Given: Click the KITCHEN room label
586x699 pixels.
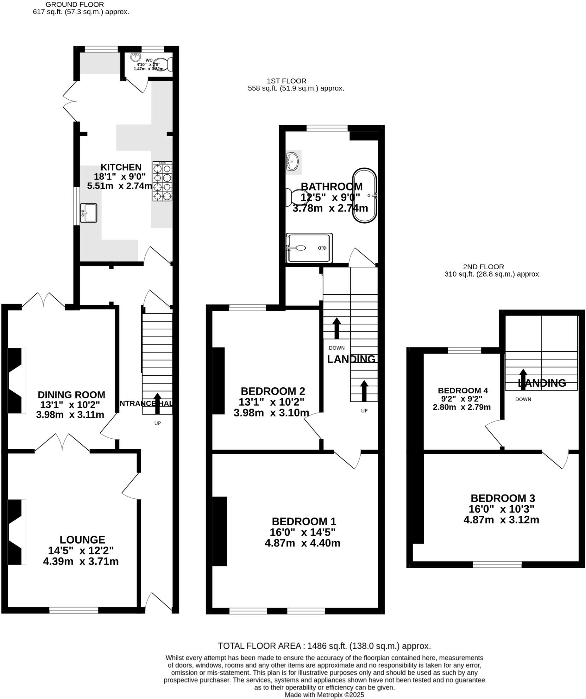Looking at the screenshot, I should (x=121, y=167).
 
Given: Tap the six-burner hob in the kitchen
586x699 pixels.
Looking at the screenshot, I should (x=162, y=181).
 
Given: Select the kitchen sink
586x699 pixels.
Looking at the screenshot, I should (x=88, y=213).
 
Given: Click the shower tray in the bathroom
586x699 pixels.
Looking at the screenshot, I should (x=309, y=248).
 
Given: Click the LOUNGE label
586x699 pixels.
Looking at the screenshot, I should (x=82, y=539).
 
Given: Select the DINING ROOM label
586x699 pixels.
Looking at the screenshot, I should (x=71, y=395).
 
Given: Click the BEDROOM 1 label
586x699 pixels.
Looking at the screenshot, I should (x=304, y=521).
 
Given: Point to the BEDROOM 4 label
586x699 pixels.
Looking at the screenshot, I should (x=463, y=391).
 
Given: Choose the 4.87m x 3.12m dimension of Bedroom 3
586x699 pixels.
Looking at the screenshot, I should (x=501, y=520).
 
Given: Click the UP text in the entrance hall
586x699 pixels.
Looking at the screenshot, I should (x=157, y=423).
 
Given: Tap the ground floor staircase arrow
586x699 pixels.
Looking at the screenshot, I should (x=157, y=403).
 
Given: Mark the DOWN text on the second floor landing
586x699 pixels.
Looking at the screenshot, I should (x=523, y=399).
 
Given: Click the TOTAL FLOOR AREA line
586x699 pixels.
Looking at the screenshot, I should (x=324, y=646).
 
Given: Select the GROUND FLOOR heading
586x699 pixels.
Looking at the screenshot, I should (x=75, y=5).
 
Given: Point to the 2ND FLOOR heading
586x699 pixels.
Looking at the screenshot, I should (x=483, y=267).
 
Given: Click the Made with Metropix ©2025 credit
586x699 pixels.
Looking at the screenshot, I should (x=324, y=695).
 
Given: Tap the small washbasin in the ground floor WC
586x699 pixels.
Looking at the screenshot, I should (x=136, y=57).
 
